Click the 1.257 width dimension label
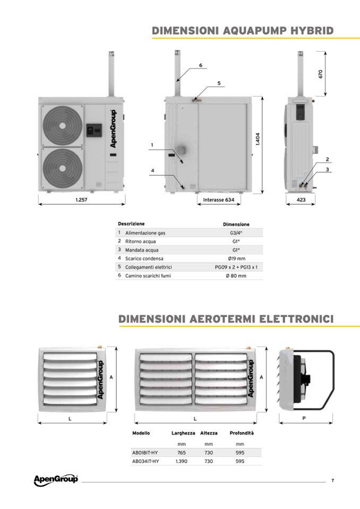[81, 200]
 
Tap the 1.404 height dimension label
[258, 139]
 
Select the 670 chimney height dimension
[321, 74]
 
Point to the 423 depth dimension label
[301, 200]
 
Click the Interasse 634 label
[218, 200]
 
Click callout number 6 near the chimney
[201, 65]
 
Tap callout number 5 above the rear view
[219, 83]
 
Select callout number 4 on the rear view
[152, 170]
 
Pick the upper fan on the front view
[62, 126]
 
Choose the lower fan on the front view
[62, 168]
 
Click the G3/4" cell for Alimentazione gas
[236, 233]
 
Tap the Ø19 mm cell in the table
[236, 258]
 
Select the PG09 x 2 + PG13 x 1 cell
[236, 267]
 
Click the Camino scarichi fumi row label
[148, 275]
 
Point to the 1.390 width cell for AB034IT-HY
[182, 461]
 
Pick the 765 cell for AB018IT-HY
[182, 453]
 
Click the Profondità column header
[242, 433]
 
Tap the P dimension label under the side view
[304, 418]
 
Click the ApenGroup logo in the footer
[56, 480]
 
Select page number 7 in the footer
[332, 480]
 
